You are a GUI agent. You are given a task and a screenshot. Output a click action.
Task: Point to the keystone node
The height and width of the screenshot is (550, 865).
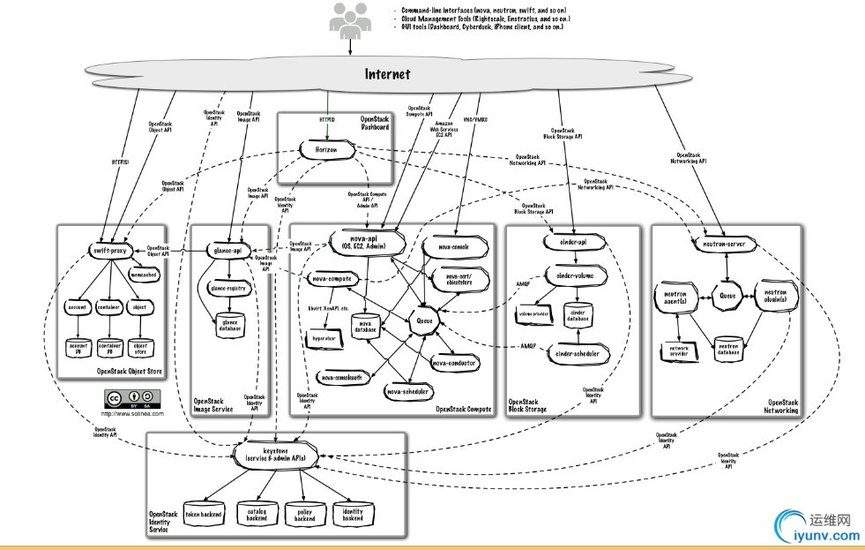277,453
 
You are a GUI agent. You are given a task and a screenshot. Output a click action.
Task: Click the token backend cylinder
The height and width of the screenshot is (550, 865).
205,514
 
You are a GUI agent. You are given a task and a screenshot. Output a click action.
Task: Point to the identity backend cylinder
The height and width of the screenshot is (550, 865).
353,514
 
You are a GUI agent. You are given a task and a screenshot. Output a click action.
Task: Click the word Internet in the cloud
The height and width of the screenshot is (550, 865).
388,74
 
